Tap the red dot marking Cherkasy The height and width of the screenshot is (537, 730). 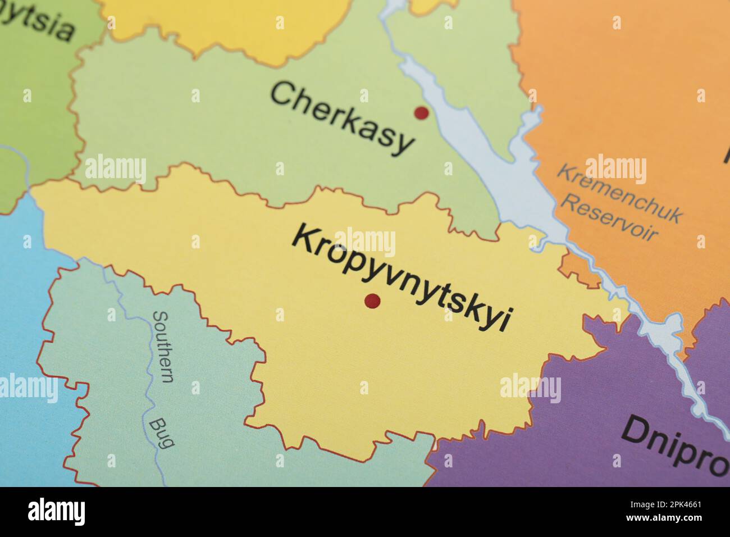pos(421,113)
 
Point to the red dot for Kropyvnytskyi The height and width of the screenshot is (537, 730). pos(372,301)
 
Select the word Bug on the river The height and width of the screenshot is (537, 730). pos(161,433)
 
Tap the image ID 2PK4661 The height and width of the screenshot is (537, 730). pos(680,505)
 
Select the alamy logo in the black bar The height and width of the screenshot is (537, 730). pos(56,512)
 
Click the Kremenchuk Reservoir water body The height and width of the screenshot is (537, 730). pos(505,169)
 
